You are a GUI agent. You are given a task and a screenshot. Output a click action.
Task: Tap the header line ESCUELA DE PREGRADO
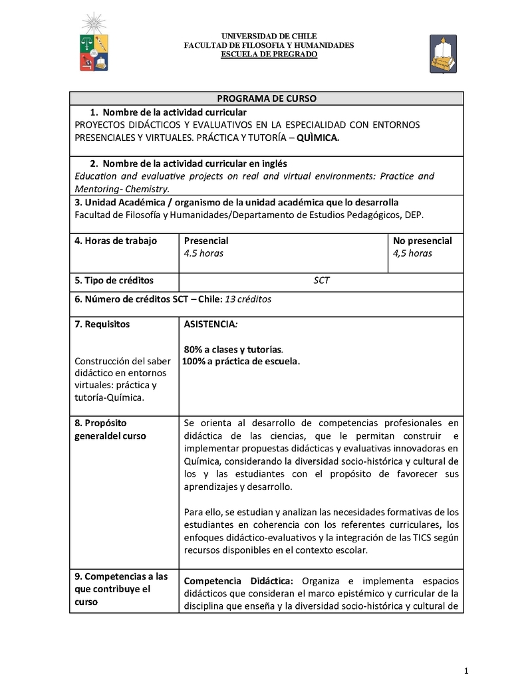[269, 54]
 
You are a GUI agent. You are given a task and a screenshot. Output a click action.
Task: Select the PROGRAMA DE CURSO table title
[267, 98]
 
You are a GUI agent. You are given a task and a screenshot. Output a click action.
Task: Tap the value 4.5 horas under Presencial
[203, 253]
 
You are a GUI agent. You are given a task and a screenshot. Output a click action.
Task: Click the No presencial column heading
[422, 241]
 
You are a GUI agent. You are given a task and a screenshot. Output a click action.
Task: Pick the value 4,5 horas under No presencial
[412, 253]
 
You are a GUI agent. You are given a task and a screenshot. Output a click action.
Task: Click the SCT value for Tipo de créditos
[321, 281]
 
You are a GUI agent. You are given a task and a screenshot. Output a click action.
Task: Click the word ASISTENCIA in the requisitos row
[209, 324]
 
